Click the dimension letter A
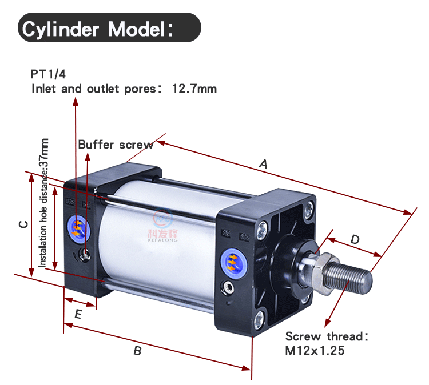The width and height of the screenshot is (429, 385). click(x=263, y=164)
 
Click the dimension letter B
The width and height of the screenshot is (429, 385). click(x=137, y=351)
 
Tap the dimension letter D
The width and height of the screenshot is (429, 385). click(x=355, y=239)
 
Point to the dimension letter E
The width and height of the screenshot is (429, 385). click(x=78, y=314)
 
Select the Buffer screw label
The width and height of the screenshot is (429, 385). click(x=116, y=145)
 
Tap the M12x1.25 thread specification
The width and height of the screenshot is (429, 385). click(x=315, y=351)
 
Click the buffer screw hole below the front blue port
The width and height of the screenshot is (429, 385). click(x=231, y=288)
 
